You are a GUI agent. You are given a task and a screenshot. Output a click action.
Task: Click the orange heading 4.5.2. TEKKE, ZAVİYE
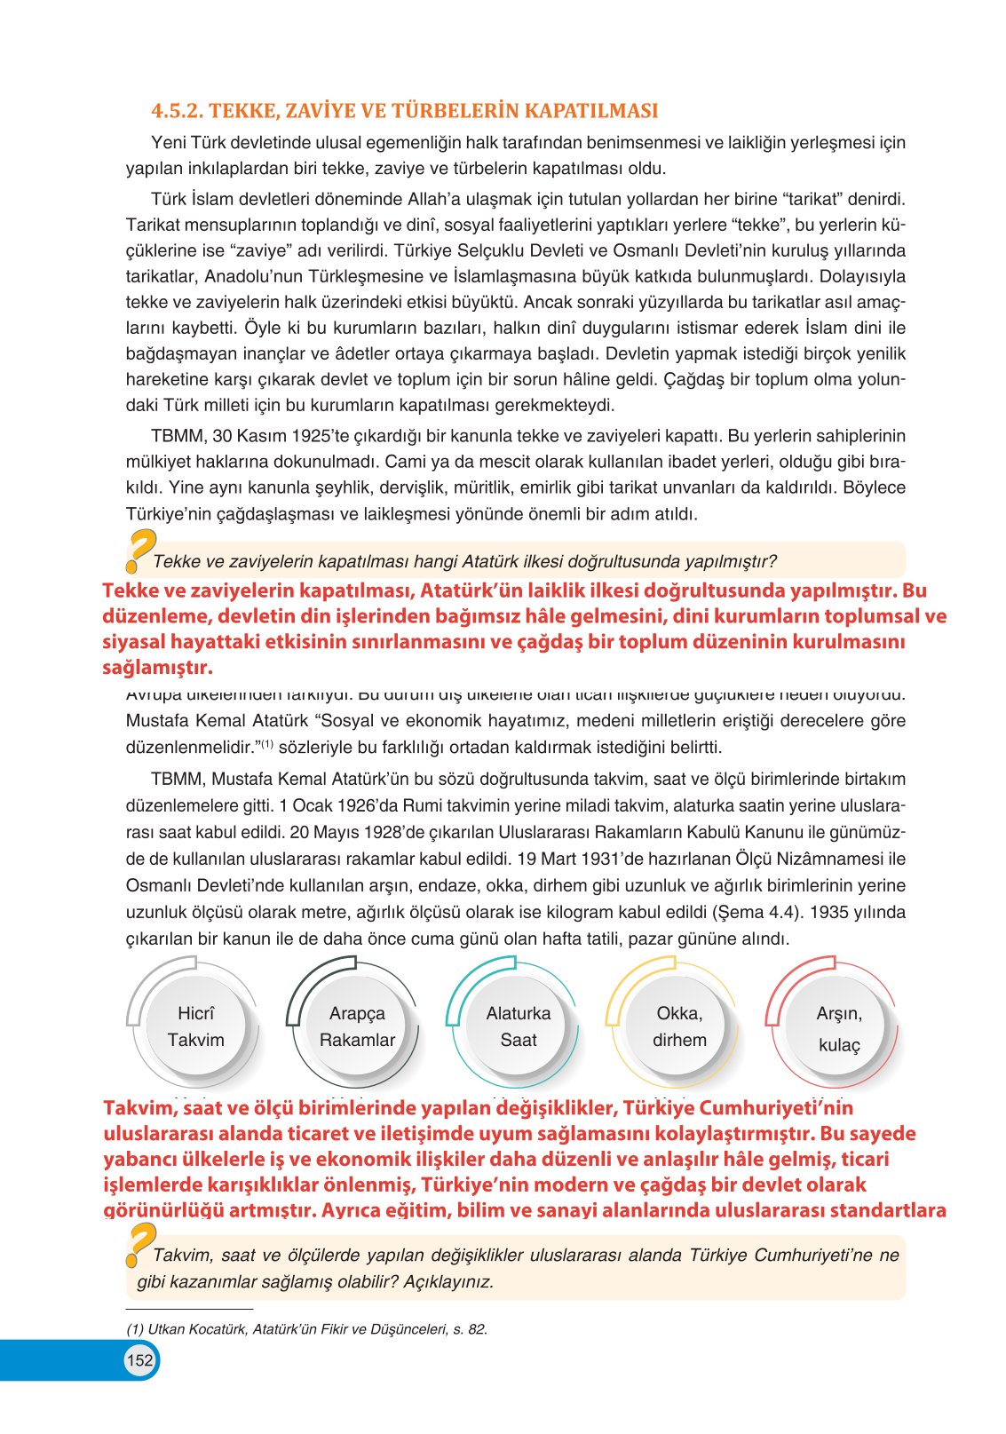pos(404,111)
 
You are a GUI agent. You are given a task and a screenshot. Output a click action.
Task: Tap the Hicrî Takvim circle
pos(195,1026)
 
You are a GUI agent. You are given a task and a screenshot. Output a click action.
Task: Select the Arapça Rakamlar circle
pos(357,1026)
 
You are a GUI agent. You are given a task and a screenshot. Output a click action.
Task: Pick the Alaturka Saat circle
pos(518,1026)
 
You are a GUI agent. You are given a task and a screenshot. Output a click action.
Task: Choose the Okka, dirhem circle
pos(679,1026)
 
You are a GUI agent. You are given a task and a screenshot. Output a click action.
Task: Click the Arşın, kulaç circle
pos(839,1028)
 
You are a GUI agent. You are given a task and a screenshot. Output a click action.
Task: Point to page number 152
pos(139,1360)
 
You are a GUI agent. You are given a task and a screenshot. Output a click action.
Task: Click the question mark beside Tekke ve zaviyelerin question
pos(139,551)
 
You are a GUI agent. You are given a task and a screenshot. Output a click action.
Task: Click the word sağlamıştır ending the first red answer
pos(157,667)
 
